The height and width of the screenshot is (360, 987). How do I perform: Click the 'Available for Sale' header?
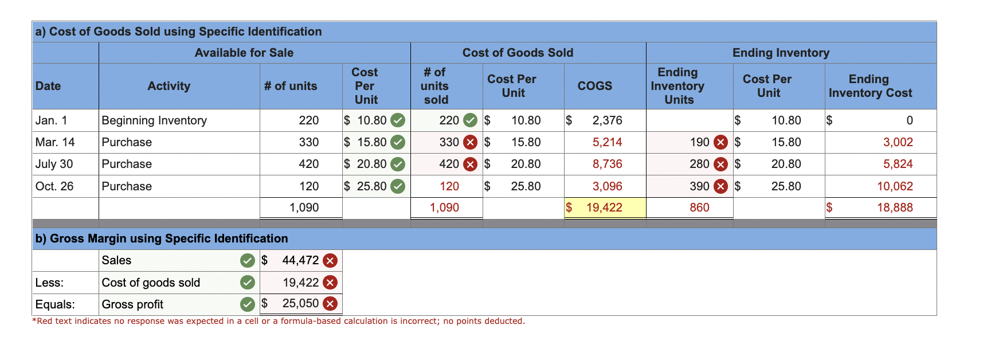click(244, 53)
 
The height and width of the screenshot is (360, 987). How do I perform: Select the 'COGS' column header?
click(594, 86)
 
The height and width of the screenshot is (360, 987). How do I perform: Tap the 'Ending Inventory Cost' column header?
click(870, 86)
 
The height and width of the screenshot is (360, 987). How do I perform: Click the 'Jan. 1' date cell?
click(52, 120)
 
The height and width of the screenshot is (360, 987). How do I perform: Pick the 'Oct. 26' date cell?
click(54, 186)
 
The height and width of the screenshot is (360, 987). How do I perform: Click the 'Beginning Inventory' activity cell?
click(154, 120)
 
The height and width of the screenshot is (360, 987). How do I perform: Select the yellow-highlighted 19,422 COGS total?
click(604, 208)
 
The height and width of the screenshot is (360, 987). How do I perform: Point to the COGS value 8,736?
click(607, 164)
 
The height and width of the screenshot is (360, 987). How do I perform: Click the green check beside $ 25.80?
click(398, 186)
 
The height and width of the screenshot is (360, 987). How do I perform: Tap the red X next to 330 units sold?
click(470, 142)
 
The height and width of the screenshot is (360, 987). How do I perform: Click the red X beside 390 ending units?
click(720, 186)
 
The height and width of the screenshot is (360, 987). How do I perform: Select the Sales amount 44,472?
click(300, 260)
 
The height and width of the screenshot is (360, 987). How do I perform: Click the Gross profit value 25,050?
click(300, 303)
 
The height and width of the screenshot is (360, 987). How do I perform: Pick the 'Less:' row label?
click(50, 283)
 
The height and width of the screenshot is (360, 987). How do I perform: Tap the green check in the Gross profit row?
click(247, 304)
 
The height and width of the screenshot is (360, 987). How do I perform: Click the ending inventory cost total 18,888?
click(894, 208)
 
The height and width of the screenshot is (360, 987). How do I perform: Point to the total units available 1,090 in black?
click(304, 208)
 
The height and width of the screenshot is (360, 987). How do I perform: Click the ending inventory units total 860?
click(699, 208)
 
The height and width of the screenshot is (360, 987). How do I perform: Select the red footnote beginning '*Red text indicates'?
click(279, 321)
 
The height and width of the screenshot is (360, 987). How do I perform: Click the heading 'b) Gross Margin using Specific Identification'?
click(162, 238)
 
